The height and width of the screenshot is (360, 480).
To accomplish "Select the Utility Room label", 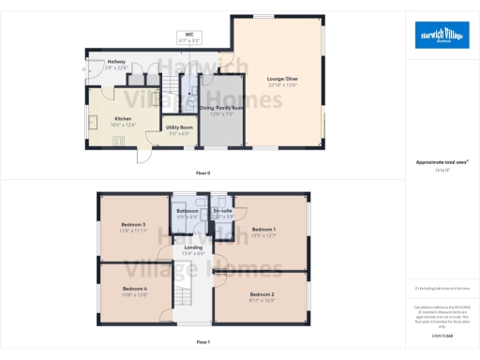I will coord(179,129).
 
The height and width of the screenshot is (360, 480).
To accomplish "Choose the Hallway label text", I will coord(116,63).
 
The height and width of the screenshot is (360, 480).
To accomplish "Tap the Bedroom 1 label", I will coord(263,232).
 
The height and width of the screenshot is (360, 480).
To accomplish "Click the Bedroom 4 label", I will coord(135,292).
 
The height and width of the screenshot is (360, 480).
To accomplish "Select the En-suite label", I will coord(221,213).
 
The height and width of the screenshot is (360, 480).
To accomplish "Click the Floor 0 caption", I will coord(202,172).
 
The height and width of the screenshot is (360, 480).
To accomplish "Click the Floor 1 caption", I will coord(202,342).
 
